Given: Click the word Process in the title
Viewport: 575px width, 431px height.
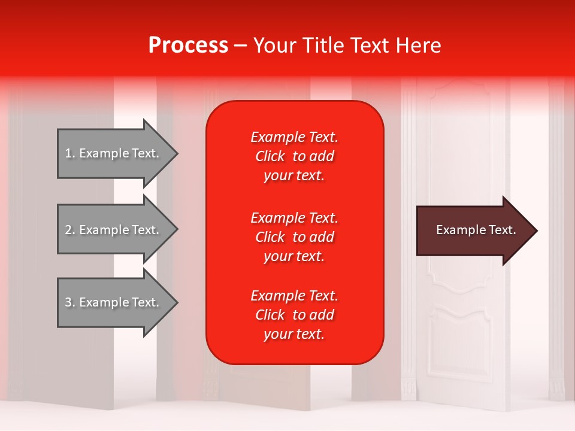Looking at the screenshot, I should pyautogui.click(x=188, y=45).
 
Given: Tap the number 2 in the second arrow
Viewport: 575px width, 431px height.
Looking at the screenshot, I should pyautogui.click(x=68, y=230).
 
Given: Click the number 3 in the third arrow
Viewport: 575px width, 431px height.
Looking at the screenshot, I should pyautogui.click(x=68, y=302).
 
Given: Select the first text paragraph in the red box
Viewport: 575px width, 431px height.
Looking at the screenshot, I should pyautogui.click(x=294, y=156).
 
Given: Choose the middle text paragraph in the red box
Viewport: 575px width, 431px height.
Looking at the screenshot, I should pyautogui.click(x=294, y=237).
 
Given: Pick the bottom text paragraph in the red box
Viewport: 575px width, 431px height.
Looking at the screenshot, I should pyautogui.click(x=294, y=315).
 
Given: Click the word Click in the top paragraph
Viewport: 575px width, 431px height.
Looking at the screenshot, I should pyautogui.click(x=270, y=156).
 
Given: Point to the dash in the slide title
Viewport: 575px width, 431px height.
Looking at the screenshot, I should pyautogui.click(x=240, y=46).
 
